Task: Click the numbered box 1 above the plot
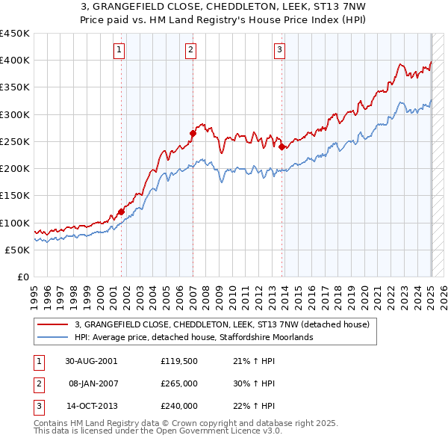[x=119, y=50]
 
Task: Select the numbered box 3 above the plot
[x=279, y=50]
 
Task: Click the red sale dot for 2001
[x=121, y=212]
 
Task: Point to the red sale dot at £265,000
[x=193, y=134]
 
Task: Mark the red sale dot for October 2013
[x=282, y=147]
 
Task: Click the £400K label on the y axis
[x=15, y=61]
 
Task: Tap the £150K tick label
[x=15, y=196]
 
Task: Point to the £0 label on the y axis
[x=22, y=277]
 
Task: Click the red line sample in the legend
[x=52, y=325]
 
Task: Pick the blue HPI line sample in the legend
[x=52, y=338]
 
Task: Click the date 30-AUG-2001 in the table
[x=90, y=361]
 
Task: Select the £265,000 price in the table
[x=178, y=383]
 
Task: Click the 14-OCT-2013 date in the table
[x=90, y=406]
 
